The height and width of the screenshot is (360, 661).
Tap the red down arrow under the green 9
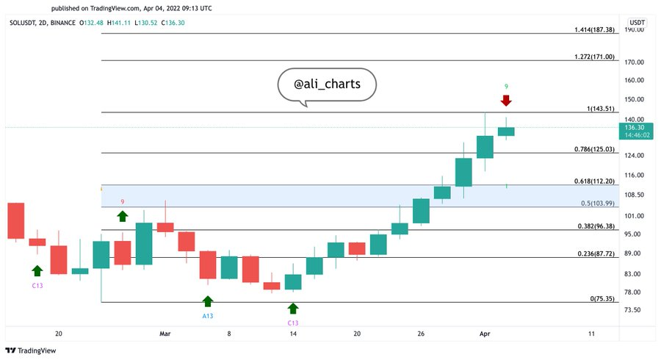click(506, 100)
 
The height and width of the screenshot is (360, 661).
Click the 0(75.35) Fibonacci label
click(603, 299)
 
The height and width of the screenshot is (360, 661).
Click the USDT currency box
click(637, 23)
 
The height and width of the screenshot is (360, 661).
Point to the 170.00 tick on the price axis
click(634, 62)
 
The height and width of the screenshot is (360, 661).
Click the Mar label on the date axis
click(165, 334)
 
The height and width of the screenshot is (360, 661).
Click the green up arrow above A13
click(208, 300)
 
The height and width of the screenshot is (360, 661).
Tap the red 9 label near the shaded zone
click(123, 202)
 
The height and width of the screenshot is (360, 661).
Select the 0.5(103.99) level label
click(596, 203)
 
